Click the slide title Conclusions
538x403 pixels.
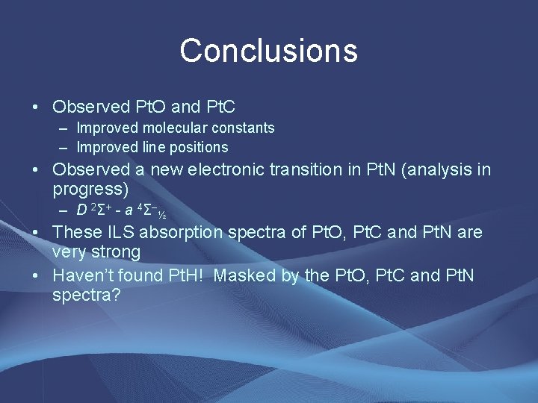(x=268, y=51)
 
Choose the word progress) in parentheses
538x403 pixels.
(x=90, y=190)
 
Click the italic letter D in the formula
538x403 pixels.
(x=81, y=210)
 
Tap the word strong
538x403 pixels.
(x=116, y=252)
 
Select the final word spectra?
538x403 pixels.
(x=86, y=295)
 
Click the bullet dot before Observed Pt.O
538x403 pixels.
(x=36, y=107)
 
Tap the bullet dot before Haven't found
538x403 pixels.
(x=36, y=275)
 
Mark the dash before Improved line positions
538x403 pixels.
(x=64, y=147)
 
